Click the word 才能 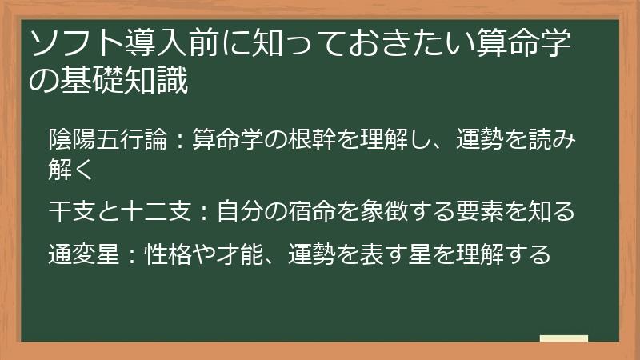(238, 254)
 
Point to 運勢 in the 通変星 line (309, 254)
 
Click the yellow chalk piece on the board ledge (563, 339)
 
